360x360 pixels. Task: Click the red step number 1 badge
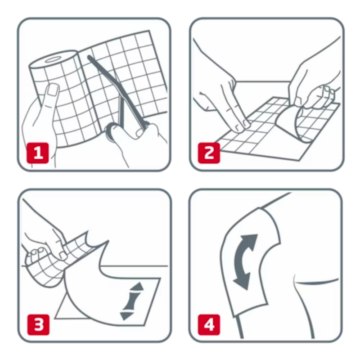[x=38, y=153]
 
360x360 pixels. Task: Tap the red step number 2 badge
[x=209, y=153]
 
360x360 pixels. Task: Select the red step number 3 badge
[x=38, y=325]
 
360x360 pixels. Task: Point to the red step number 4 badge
[x=209, y=325]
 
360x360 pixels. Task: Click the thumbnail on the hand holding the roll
[x=53, y=90]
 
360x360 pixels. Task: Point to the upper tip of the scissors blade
[x=89, y=57]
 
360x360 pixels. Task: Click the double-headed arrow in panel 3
[x=131, y=301]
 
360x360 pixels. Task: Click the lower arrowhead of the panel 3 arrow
[x=126, y=316]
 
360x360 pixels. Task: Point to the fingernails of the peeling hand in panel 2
[x=328, y=91]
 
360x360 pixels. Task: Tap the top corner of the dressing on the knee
[x=260, y=208]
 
